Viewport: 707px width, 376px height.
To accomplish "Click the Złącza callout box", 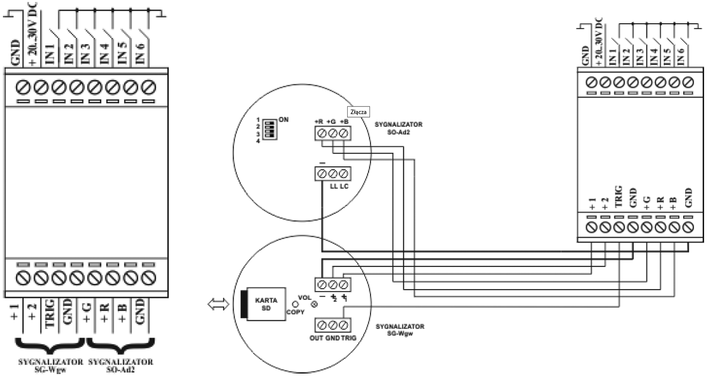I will point(358,111).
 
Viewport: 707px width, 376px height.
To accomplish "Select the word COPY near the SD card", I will point(296,312).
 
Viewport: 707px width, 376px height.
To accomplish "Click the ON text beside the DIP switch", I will point(284,119).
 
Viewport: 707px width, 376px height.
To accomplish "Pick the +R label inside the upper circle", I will point(320,122).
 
